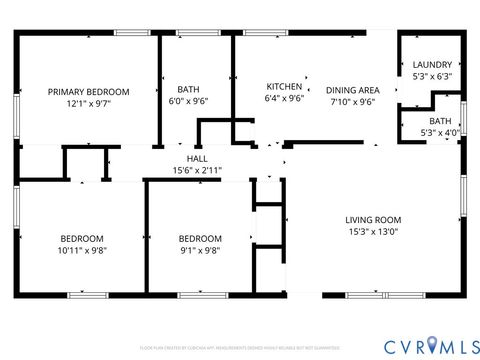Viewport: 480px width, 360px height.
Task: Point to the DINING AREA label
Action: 352,90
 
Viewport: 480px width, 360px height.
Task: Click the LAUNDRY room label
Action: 432,65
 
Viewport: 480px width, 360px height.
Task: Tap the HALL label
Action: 197,159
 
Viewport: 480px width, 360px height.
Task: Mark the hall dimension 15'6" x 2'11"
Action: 197,170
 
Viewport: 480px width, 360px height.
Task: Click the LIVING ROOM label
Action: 373,220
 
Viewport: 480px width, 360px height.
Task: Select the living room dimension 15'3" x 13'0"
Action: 373,232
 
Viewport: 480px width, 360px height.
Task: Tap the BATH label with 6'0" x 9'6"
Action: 188,89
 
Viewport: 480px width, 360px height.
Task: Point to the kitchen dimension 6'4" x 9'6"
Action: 284,99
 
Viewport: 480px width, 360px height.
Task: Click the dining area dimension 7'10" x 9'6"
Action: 352,101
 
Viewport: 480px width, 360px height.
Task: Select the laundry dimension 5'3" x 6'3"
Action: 432,76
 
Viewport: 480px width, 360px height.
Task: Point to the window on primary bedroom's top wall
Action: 131,33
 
